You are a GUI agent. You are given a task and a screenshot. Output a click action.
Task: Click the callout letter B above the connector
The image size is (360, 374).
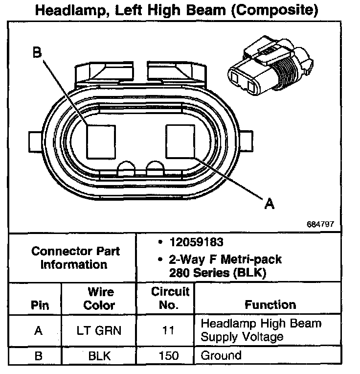(x=37, y=53)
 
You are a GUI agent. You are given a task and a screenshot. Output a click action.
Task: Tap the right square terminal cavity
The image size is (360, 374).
(x=181, y=141)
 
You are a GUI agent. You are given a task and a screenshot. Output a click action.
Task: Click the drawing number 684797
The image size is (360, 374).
(x=320, y=224)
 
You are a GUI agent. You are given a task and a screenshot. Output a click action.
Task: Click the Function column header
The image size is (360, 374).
(x=270, y=304)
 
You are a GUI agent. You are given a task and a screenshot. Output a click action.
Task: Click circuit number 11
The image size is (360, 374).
(x=168, y=330)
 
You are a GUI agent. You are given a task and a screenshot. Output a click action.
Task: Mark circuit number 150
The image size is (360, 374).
(x=168, y=355)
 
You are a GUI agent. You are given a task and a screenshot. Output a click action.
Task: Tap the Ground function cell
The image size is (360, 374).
(x=221, y=355)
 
